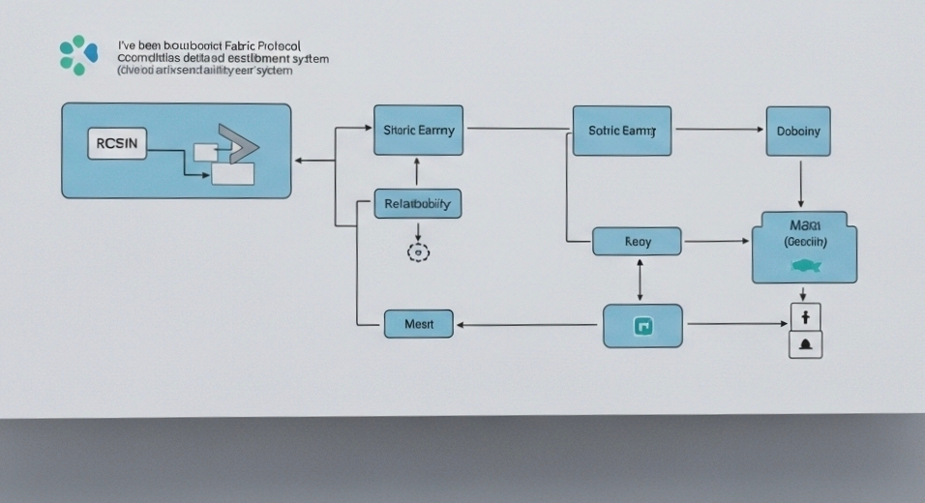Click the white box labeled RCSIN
[x=117, y=144]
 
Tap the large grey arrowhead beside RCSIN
[x=240, y=143]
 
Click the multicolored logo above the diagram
[x=78, y=54]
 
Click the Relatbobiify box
[x=417, y=204]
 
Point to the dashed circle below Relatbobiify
[x=418, y=252]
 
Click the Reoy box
[x=637, y=241]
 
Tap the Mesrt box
[x=418, y=324]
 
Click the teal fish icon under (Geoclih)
[x=805, y=264]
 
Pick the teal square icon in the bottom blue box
[x=642, y=326]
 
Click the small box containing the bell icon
[x=805, y=344]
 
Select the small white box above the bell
[x=805, y=315]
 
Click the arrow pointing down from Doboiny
[x=800, y=184]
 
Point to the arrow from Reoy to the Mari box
[x=716, y=241]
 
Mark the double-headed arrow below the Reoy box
[x=640, y=280]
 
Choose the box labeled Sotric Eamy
[x=622, y=131]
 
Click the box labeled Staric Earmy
[x=418, y=130]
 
